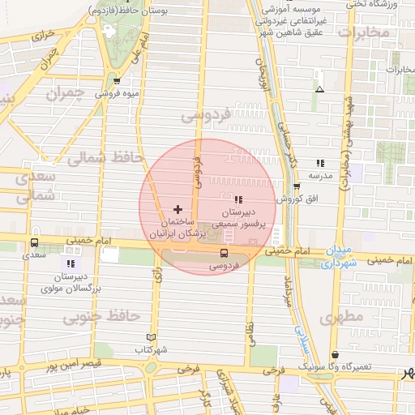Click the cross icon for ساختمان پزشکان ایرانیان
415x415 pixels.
[178, 210]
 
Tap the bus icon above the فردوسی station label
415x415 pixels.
[225, 253]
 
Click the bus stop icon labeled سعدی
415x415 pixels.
[34, 242]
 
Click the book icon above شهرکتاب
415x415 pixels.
[151, 337]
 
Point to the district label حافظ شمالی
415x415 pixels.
[105, 158]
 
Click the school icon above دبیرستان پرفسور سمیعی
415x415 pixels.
[238, 199]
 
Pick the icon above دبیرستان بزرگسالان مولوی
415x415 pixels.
[71, 263]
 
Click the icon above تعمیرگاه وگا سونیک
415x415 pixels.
[336, 354]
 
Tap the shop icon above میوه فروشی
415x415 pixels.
[118, 80]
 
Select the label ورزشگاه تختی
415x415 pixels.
[389, 5]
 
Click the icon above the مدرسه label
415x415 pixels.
[320, 163]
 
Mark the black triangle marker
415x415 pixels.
[319, 88]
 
